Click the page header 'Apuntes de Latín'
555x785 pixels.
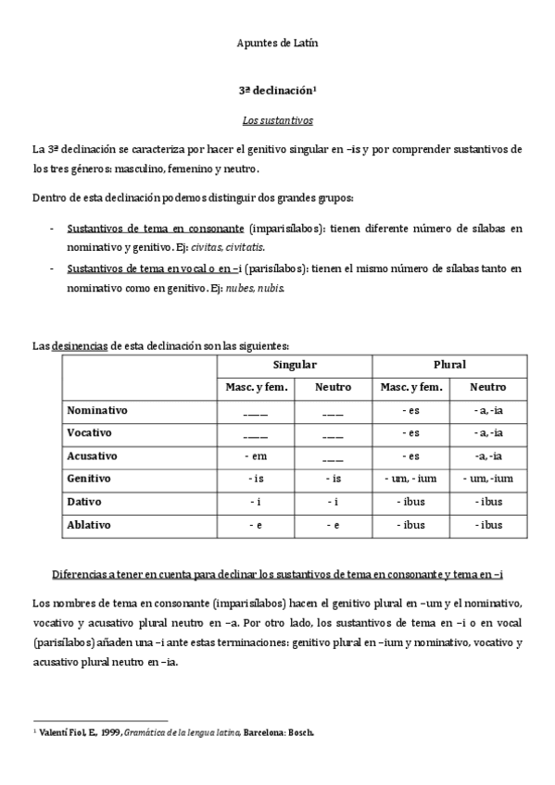(278, 43)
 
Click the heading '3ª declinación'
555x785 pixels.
(277, 93)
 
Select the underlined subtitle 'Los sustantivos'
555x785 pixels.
(277, 120)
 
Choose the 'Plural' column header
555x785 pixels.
(450, 365)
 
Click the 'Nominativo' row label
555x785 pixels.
(97, 409)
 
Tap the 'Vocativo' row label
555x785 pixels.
(91, 432)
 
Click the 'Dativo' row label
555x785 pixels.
(85, 502)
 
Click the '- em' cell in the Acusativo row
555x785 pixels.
(255, 455)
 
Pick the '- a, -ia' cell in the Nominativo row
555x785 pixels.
(489, 409)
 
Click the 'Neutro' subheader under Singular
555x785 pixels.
(333, 388)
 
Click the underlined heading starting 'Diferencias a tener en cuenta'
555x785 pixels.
(277, 575)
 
